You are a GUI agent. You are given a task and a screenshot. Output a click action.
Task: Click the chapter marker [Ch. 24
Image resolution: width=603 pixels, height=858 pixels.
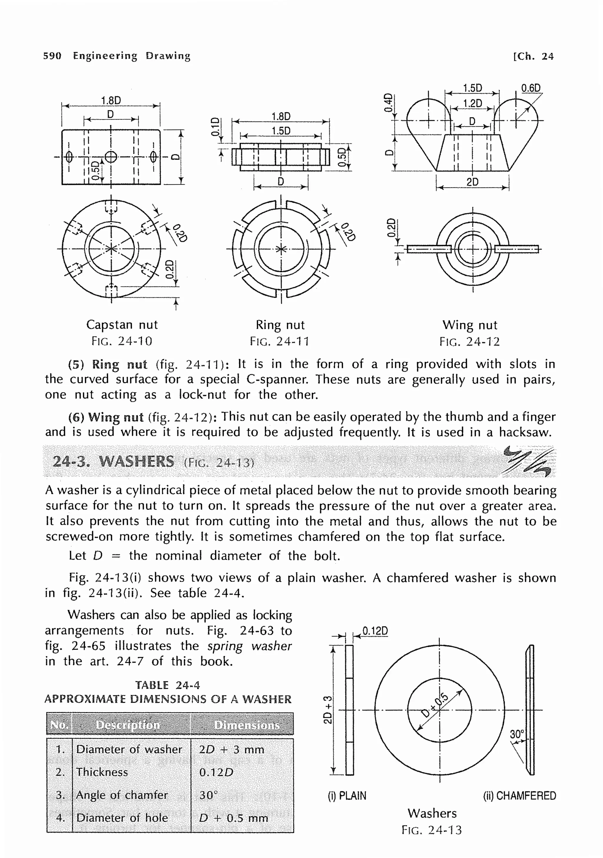coord(533,57)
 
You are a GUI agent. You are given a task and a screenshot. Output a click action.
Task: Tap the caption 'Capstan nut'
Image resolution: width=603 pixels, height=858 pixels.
coord(122,324)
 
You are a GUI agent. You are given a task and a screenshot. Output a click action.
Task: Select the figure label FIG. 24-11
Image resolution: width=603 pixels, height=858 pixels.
coord(279,341)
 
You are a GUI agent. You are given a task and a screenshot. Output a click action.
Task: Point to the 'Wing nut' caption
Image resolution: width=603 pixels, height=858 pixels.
coord(470,325)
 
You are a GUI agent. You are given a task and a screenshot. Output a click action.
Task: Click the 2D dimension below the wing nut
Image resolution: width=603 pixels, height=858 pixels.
coord(472,182)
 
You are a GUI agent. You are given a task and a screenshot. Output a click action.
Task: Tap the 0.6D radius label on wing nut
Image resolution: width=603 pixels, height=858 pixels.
coord(531,88)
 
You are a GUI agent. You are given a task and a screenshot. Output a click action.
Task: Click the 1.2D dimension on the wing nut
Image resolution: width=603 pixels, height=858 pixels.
coord(472,104)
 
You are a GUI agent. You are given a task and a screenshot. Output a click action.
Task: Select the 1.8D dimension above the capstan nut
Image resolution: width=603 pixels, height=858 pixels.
coord(111,100)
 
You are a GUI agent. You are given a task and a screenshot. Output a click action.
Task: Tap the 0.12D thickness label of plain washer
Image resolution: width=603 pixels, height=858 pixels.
coord(375,631)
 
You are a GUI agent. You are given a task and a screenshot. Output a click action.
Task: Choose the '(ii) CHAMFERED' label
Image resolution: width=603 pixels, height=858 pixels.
coord(519,796)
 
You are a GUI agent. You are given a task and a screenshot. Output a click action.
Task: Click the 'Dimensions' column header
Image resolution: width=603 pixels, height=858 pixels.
coord(246,725)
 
